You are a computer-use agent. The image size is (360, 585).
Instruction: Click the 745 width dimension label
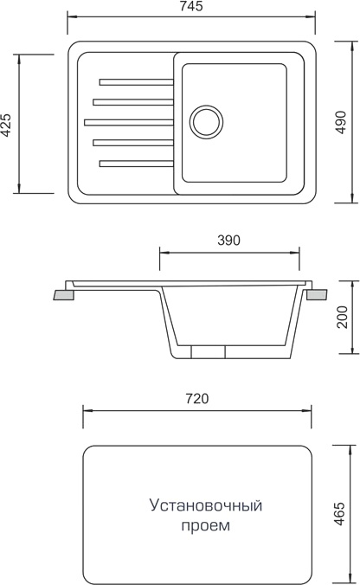191,6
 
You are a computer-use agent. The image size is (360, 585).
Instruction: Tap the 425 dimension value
6,125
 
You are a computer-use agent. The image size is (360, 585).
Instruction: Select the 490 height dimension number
341,122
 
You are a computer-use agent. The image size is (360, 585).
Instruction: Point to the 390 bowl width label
228,241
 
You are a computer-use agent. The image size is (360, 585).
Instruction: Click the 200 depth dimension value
342,317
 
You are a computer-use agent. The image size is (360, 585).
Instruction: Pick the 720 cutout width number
197,399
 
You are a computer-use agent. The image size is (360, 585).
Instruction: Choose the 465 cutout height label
339,514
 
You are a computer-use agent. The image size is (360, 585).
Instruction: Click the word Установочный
206,506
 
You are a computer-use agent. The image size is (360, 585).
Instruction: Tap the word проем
206,526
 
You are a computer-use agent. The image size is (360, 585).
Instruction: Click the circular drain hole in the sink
206,122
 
